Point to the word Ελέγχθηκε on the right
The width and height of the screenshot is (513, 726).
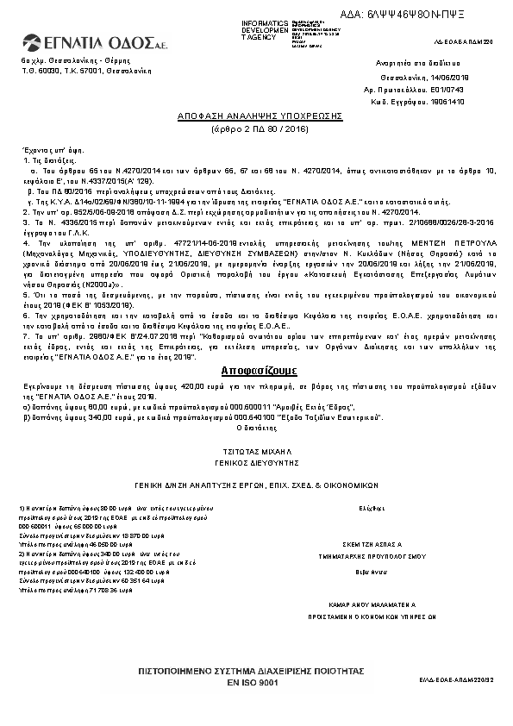click(x=371, y=509)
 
